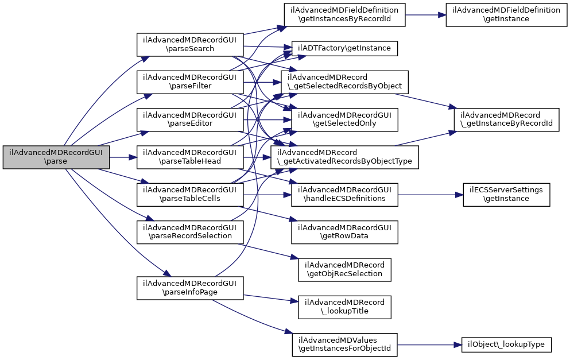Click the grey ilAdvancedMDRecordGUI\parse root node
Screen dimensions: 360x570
click(x=56, y=157)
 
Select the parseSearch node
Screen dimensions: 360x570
click(x=190, y=44)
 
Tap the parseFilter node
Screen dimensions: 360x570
click(x=190, y=82)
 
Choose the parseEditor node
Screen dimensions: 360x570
click(x=190, y=119)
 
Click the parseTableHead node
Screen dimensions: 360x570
click(x=190, y=157)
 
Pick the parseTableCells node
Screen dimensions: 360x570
click(x=190, y=194)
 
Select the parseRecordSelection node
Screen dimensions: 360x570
click(x=190, y=231)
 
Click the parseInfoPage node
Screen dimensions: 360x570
click(x=190, y=288)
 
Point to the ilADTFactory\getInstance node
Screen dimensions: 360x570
click(x=344, y=48)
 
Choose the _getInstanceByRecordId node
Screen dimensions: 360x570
click(x=506, y=119)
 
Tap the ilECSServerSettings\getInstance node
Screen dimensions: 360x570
click(x=506, y=194)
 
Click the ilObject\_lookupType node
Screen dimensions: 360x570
click(x=506, y=344)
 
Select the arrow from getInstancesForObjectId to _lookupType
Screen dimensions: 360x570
click(x=429, y=344)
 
